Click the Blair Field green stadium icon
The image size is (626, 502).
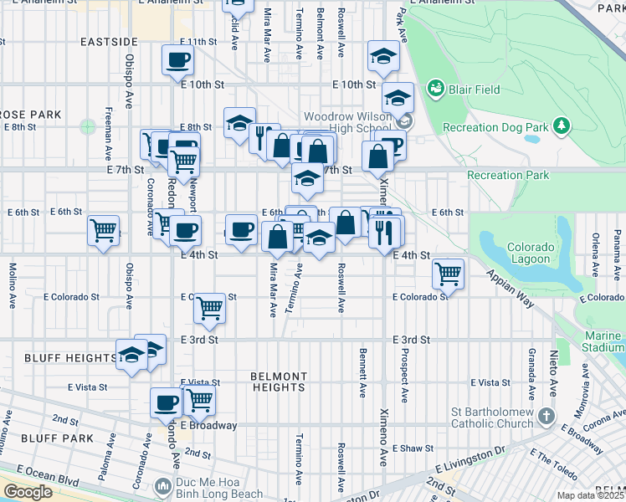point(435,88)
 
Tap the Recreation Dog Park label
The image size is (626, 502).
point(495,127)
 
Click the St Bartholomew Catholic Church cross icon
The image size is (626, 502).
point(546,416)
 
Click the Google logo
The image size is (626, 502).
point(28,492)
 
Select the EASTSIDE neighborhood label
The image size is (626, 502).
point(109,41)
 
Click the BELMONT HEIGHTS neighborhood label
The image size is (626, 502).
point(278,382)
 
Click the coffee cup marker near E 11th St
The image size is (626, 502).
point(178,59)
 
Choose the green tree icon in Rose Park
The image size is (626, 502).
point(88,127)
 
